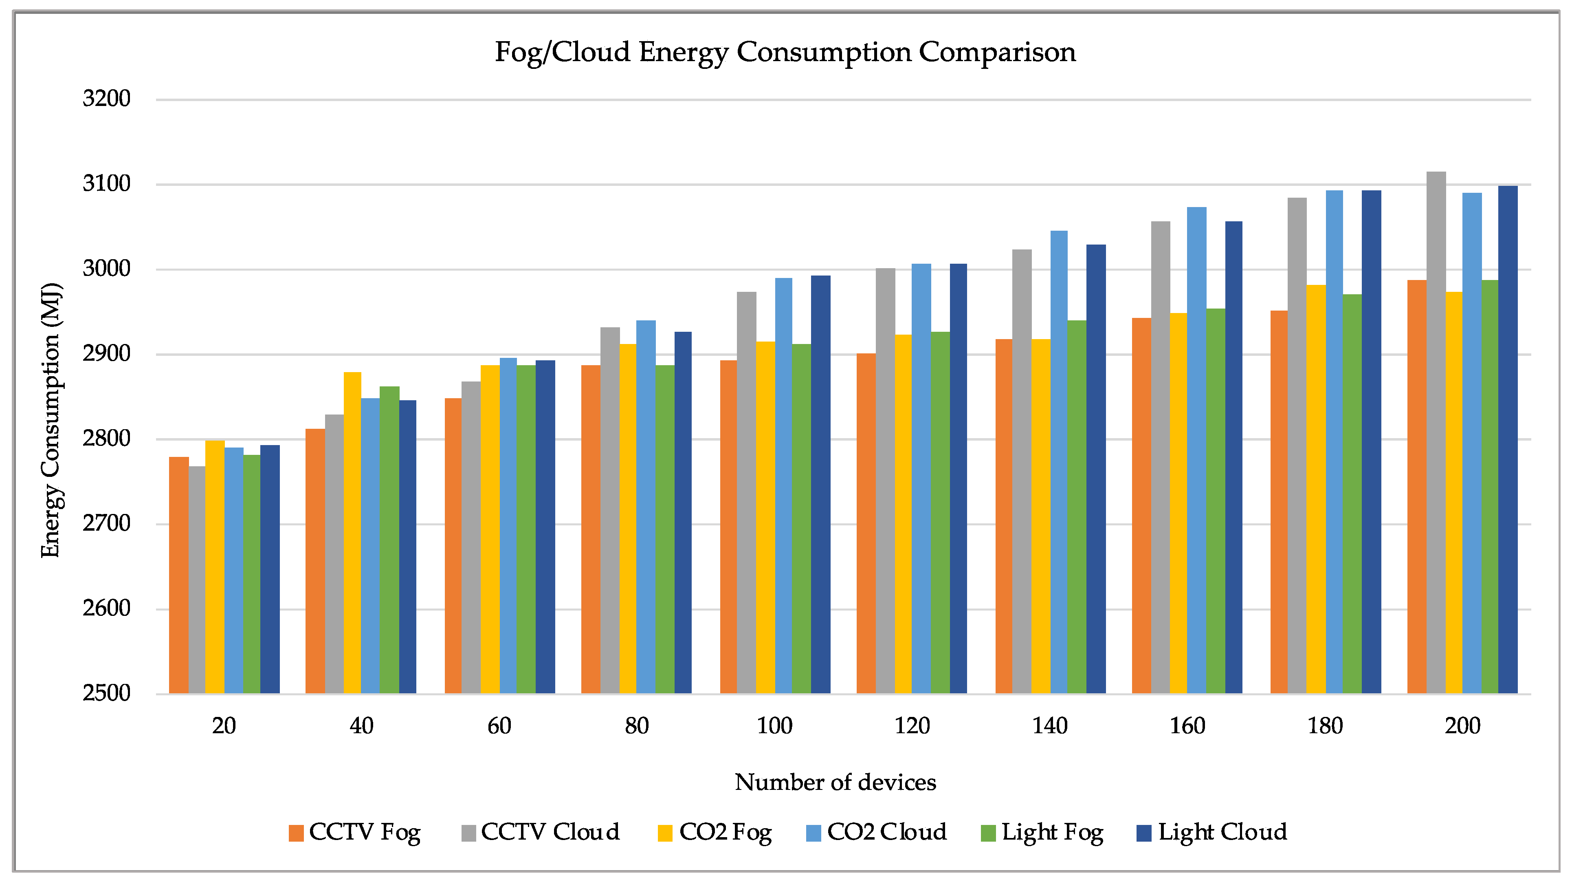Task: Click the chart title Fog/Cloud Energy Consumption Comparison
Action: (x=785, y=53)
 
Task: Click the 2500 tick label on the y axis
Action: (x=106, y=693)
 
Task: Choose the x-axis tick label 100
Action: (x=774, y=726)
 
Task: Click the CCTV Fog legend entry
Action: (x=354, y=833)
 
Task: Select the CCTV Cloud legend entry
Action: (x=541, y=833)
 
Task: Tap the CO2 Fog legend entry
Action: (x=715, y=833)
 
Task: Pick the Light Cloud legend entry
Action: (x=1212, y=833)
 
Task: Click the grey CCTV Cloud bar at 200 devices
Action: (x=1436, y=433)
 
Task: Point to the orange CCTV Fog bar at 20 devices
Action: (x=179, y=575)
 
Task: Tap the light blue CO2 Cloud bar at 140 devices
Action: (x=1059, y=462)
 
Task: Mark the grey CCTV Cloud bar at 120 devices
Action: (x=886, y=481)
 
